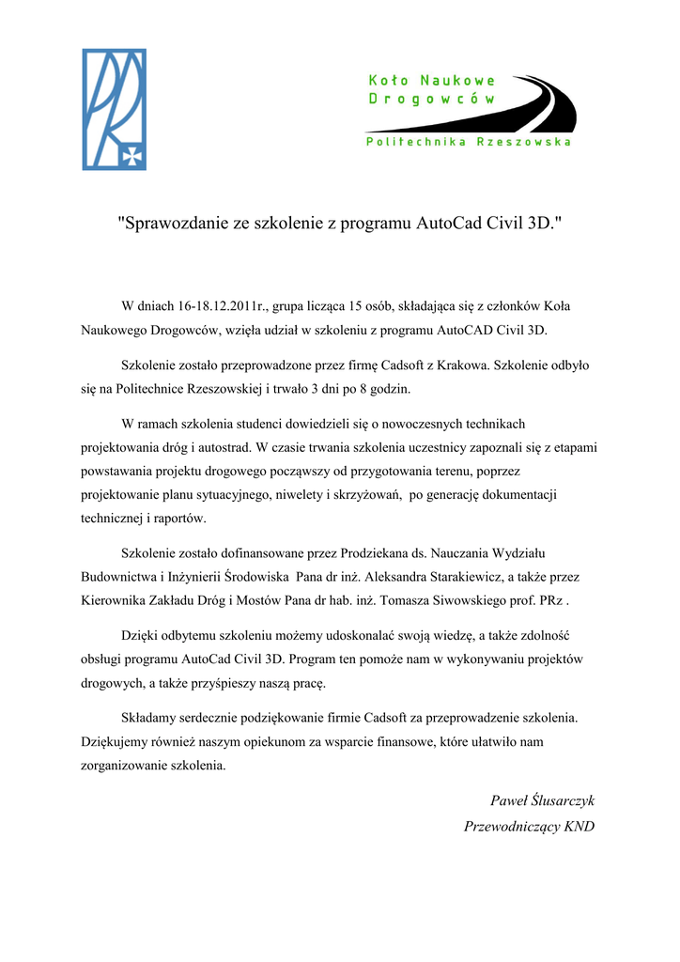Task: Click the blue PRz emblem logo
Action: [115, 109]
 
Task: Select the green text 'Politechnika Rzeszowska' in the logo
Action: [468, 142]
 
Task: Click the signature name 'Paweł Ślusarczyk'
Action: [543, 801]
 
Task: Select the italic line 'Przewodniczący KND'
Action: [530, 827]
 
